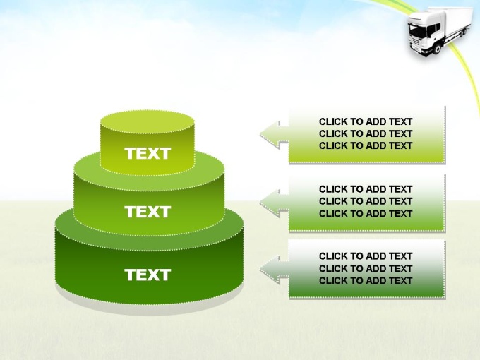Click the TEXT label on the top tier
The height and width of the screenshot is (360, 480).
tap(148, 153)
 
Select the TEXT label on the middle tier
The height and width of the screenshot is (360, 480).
tap(148, 212)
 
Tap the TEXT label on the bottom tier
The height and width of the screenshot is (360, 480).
tap(148, 275)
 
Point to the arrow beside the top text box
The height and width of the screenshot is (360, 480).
tap(275, 135)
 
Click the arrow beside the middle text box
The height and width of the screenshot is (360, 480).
tap(275, 203)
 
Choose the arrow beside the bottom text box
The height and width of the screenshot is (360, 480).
tap(275, 270)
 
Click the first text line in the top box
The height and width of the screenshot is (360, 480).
tap(366, 121)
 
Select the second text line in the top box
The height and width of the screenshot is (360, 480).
tap(366, 133)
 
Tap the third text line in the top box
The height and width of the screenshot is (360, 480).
tap(366, 145)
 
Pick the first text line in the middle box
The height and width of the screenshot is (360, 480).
tap(366, 189)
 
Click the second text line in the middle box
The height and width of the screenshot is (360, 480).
tap(366, 201)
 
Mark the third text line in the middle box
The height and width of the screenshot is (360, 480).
tap(366, 213)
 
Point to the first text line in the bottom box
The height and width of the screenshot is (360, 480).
tap(366, 256)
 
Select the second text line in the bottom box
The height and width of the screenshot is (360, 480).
tap(366, 268)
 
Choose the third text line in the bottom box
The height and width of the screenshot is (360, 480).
tap(366, 280)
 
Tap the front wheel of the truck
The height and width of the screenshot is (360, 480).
tap(438, 49)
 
